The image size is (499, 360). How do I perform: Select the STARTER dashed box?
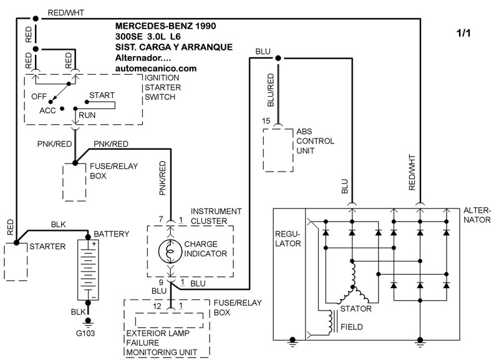pos(17,261)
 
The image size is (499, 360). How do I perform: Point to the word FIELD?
pos(352,326)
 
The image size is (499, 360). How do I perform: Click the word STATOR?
pos(357,308)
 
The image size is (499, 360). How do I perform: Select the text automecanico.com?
pos(157,68)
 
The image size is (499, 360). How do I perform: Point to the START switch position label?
pos(102,95)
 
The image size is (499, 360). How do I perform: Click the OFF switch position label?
pos(39,97)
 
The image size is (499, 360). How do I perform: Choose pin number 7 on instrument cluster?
pos(161,220)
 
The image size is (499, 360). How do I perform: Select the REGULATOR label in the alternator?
pos(288,238)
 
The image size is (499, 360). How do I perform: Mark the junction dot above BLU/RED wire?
pos(278,58)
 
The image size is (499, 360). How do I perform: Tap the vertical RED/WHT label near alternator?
pos(411,171)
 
